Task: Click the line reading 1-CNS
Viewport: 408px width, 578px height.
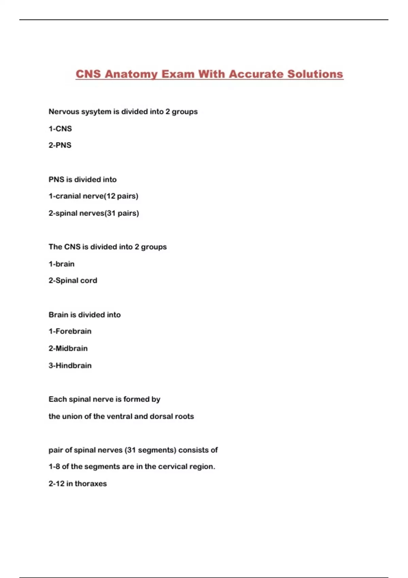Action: pyautogui.click(x=60, y=129)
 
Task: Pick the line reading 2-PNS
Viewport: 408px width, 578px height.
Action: pyautogui.click(x=60, y=145)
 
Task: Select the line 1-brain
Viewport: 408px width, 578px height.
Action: pyautogui.click(x=62, y=264)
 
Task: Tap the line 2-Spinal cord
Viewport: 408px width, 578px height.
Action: pyautogui.click(x=73, y=280)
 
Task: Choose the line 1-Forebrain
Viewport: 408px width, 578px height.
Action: pyautogui.click(x=70, y=331)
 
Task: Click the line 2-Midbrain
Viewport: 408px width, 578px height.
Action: pyautogui.click(x=68, y=348)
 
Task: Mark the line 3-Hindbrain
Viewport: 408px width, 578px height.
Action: pyautogui.click(x=70, y=365)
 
